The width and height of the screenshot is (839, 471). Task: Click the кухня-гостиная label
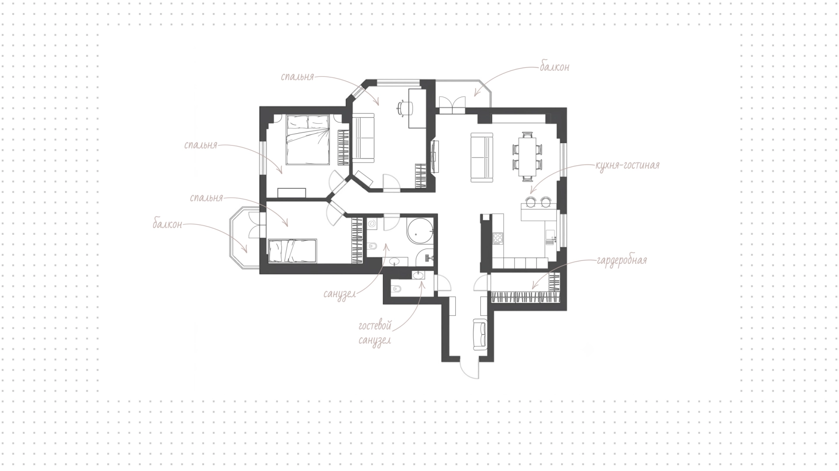point(627,166)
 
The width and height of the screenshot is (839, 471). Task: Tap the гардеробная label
point(621,261)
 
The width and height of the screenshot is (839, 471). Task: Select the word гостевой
point(375,326)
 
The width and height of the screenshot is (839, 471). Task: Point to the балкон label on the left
point(167,225)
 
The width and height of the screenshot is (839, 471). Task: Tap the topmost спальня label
point(298,77)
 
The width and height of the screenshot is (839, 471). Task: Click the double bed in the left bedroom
point(308,139)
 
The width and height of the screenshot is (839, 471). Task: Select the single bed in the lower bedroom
point(292,251)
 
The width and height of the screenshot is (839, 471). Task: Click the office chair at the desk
point(404,107)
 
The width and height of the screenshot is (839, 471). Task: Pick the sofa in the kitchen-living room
point(482,157)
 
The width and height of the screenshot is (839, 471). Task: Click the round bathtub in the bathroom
point(420,231)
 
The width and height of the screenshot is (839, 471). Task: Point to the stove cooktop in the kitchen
point(498,238)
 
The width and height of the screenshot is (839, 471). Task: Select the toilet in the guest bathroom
point(396,289)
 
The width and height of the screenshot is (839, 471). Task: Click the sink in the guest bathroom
point(418,275)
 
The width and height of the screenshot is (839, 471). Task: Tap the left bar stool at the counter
point(530,201)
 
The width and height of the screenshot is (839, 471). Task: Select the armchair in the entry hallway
point(480,334)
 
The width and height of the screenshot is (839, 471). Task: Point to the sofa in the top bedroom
point(364,138)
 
